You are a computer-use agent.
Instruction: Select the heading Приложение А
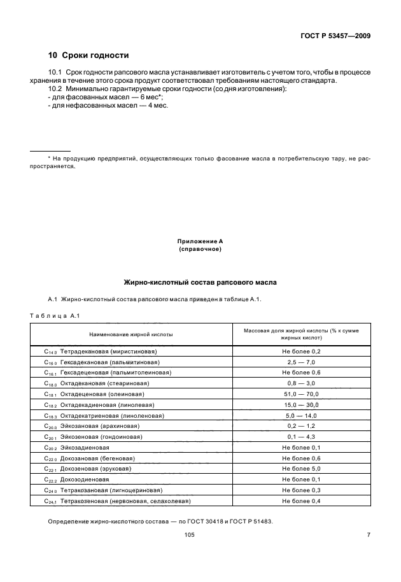click(200, 242)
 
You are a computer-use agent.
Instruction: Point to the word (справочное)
click(200, 249)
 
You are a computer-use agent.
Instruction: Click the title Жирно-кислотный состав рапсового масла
click(200, 281)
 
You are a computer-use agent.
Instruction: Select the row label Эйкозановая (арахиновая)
click(102, 426)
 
